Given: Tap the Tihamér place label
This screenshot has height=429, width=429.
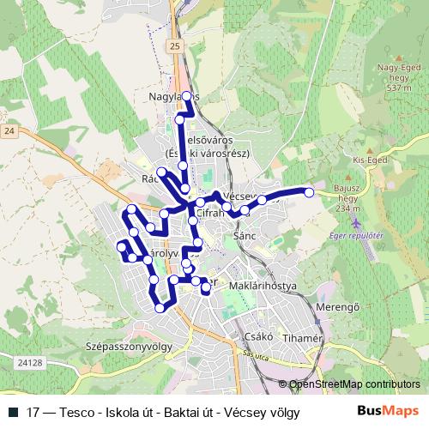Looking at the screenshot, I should [x=301, y=338].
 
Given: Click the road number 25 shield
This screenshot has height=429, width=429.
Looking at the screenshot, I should [x=176, y=45].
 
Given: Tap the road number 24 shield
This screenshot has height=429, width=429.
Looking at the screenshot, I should [x=9, y=130].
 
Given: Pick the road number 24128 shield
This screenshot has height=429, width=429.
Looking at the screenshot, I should [x=28, y=363].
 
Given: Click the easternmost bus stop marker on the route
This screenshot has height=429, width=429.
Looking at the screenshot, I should [x=309, y=193].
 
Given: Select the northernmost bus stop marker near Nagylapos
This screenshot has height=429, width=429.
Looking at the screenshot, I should [x=186, y=95].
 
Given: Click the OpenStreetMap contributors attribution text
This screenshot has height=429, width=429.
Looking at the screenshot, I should [x=353, y=384].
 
